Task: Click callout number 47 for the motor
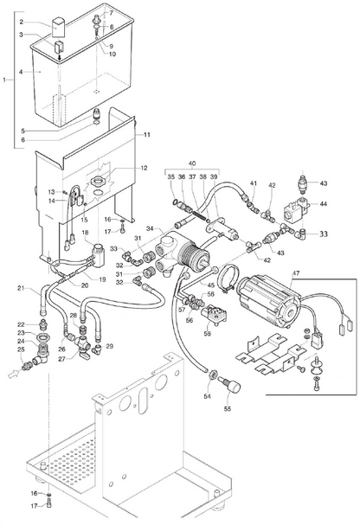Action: pos(296,273)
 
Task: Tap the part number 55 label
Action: pos(228,408)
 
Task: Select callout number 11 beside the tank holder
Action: pos(147,135)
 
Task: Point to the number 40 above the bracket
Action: pos(192,163)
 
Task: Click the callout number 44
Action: pos(324,203)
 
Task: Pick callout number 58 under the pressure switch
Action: pos(208,334)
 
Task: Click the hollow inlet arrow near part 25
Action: pos(14,374)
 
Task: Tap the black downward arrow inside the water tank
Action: pos(60,58)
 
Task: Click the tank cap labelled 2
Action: pos(59,28)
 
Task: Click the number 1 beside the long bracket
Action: pos(4,80)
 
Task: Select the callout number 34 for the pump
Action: pos(150,228)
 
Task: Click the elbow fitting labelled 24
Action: pos(41,355)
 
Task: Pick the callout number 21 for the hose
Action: pos(21,288)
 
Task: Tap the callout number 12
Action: pos(144,168)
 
